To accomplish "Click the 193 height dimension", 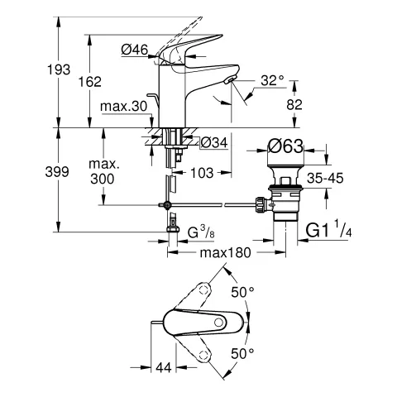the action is [59, 69].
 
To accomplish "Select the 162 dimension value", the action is [90, 82].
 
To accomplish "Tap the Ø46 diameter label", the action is [135, 50].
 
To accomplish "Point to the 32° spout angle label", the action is [272, 80].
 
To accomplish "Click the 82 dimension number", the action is [294, 104].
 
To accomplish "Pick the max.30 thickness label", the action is [124, 106].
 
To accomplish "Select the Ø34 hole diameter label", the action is [214, 142].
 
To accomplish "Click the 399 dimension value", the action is [57, 172].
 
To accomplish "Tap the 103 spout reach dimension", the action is [202, 173].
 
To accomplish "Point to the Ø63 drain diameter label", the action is [285, 146].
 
